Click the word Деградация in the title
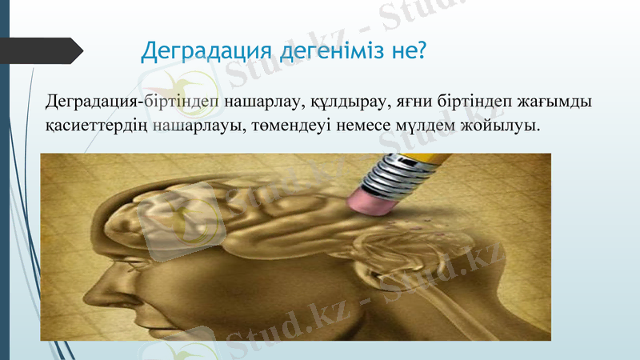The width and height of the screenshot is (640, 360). pyautogui.click(x=207, y=50)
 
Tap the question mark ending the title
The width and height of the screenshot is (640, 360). pyautogui.click(x=421, y=50)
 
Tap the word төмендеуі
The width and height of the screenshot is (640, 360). pyautogui.click(x=301, y=126)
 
